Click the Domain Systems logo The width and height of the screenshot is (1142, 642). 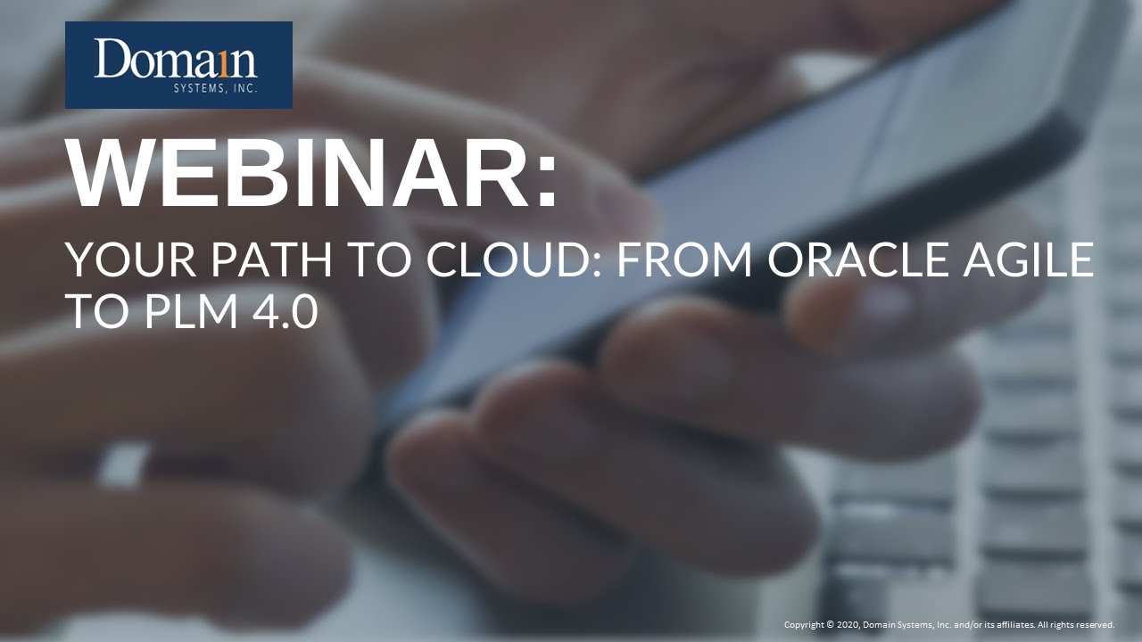[178, 65]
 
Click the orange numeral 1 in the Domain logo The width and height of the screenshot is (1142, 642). [221, 61]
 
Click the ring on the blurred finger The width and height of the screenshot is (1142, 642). [125, 464]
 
